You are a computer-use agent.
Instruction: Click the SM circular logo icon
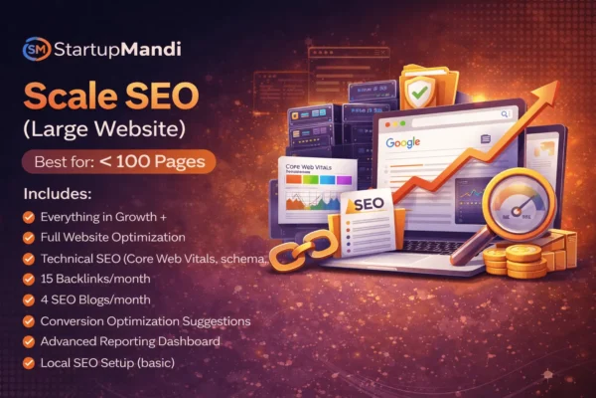(36, 51)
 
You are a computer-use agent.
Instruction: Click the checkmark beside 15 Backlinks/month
(30, 279)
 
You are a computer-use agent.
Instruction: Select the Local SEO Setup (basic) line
(106, 362)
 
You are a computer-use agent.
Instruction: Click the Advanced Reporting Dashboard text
(126, 341)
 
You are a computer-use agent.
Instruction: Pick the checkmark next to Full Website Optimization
(30, 237)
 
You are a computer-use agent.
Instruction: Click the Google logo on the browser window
(402, 142)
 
